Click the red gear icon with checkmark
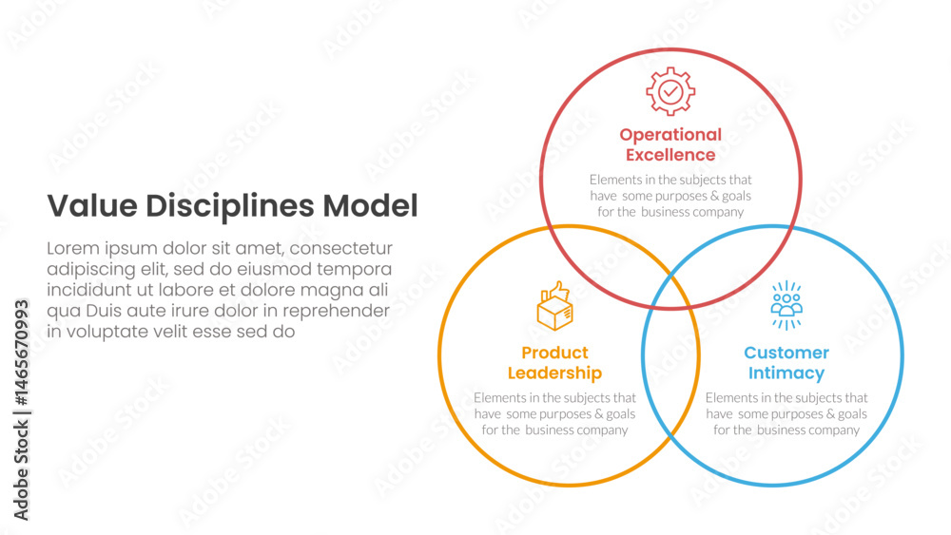(670, 91)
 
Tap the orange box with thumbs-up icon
(555, 306)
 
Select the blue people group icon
(786, 305)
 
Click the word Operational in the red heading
(670, 135)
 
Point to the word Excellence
(670, 155)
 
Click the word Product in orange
(555, 353)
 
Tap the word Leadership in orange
(555, 373)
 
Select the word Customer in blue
(786, 353)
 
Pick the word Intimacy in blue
(786, 373)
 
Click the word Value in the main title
(92, 206)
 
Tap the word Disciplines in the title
(230, 207)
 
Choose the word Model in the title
(370, 206)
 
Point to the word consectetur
(341, 249)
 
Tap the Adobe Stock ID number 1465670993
(21, 353)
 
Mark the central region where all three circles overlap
(670, 292)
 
